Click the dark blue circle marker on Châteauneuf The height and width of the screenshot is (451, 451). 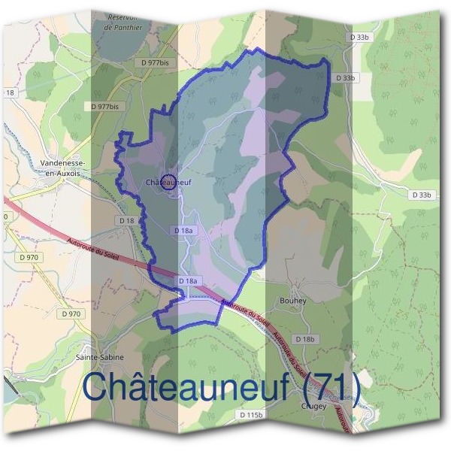coord(169,181)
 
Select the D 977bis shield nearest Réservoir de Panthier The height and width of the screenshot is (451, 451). coord(155,63)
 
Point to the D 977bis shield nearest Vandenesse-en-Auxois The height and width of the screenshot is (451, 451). coord(104,107)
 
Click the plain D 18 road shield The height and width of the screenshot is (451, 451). coord(126,220)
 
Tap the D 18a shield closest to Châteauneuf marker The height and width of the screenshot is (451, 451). coord(183,230)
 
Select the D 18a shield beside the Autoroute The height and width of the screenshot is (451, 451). coord(189,280)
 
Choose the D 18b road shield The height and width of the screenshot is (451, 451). coord(305,339)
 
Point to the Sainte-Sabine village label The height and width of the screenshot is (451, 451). coord(100,357)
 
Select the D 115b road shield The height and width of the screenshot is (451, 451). coord(252,415)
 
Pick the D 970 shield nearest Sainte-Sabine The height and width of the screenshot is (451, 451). coord(71,313)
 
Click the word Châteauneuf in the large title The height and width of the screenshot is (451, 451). coord(186,387)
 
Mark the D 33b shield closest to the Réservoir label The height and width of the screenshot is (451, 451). coord(361,36)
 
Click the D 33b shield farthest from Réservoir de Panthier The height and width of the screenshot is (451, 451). coord(422,195)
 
